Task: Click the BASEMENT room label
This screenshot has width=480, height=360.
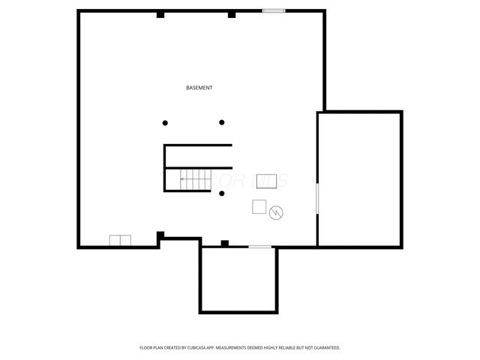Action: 199,88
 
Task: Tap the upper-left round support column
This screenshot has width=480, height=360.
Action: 166,122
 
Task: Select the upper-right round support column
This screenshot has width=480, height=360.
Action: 222,122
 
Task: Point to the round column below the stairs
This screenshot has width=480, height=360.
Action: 222,194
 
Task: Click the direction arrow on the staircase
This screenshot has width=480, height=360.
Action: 184,179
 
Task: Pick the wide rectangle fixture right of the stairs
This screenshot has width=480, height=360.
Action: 266,181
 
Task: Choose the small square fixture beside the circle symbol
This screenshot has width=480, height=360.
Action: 259,207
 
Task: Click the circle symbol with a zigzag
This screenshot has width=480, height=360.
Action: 277,212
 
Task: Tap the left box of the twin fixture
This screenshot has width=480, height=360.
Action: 115,241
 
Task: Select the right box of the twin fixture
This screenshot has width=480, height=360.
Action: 125,241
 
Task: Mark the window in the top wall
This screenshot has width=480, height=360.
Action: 274,10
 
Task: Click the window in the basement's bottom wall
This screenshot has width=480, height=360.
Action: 259,247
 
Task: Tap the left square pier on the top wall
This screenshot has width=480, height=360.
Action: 160,14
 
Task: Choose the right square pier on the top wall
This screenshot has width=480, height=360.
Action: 232,14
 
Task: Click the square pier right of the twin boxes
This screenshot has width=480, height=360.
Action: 160,236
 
